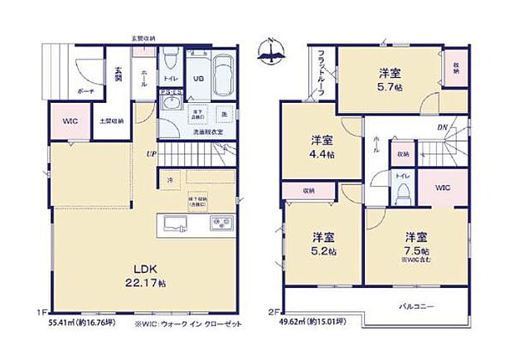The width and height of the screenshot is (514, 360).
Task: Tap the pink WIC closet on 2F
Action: click(x=441, y=187)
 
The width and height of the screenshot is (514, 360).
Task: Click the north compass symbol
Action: click(x=273, y=51)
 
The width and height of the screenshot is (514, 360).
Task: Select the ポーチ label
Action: click(x=85, y=90)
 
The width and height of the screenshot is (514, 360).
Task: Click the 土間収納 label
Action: click(x=113, y=121)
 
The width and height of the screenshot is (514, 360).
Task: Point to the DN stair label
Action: click(x=442, y=127)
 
